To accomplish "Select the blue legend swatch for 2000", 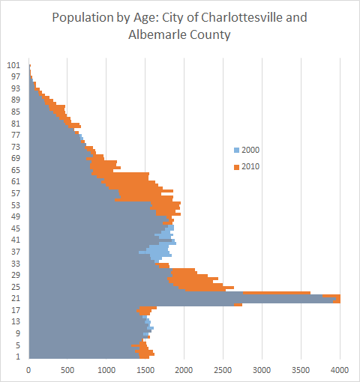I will click(236, 151).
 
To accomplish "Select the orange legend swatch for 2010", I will click(236, 166).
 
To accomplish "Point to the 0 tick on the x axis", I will click(28, 369).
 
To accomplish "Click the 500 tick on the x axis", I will click(67, 369).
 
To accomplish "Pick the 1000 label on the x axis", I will click(106, 369).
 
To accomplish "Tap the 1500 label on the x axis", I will click(145, 369).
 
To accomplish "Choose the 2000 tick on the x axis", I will click(184, 369).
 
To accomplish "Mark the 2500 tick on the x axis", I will click(223, 369).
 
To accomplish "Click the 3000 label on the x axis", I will click(262, 369).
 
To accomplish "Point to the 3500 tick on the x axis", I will click(301, 369).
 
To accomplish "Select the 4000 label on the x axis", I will click(340, 369).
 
